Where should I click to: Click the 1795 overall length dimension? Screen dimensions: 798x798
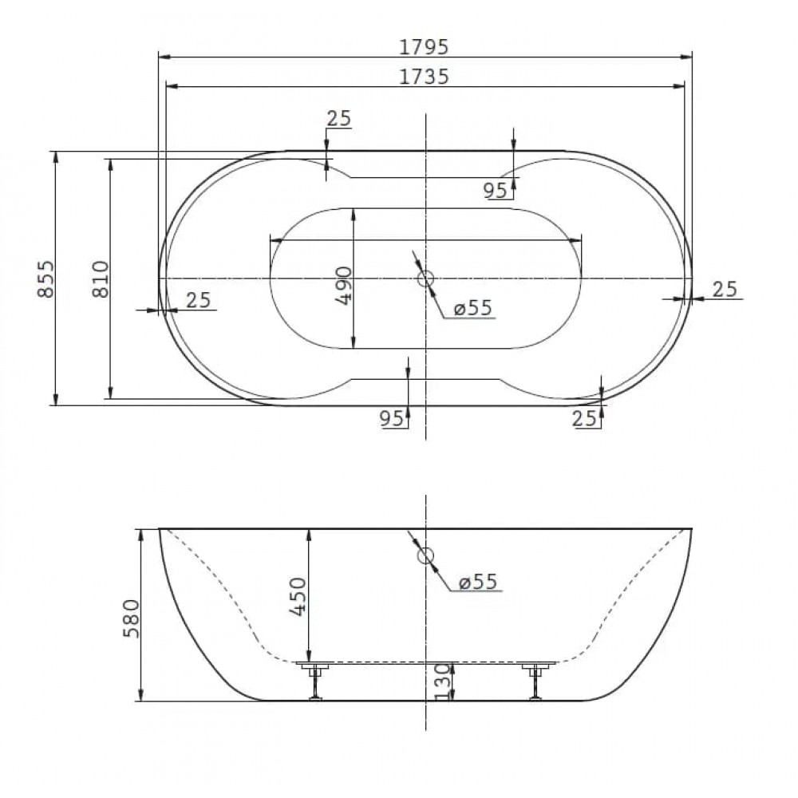pyautogui.click(x=424, y=47)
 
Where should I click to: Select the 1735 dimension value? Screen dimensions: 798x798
pyautogui.click(x=424, y=77)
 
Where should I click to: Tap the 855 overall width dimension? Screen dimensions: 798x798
pyautogui.click(x=45, y=279)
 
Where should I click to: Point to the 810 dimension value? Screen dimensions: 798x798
pyautogui.click(x=101, y=279)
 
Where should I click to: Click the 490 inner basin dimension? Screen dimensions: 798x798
pyautogui.click(x=345, y=285)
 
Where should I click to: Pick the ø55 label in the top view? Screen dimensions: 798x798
pyautogui.click(x=473, y=307)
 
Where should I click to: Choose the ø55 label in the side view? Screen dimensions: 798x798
pyautogui.click(x=478, y=581)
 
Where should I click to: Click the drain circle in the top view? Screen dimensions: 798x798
pyautogui.click(x=425, y=279)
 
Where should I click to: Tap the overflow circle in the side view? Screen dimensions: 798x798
pyautogui.click(x=425, y=555)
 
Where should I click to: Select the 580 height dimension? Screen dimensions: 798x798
pyautogui.click(x=132, y=618)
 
